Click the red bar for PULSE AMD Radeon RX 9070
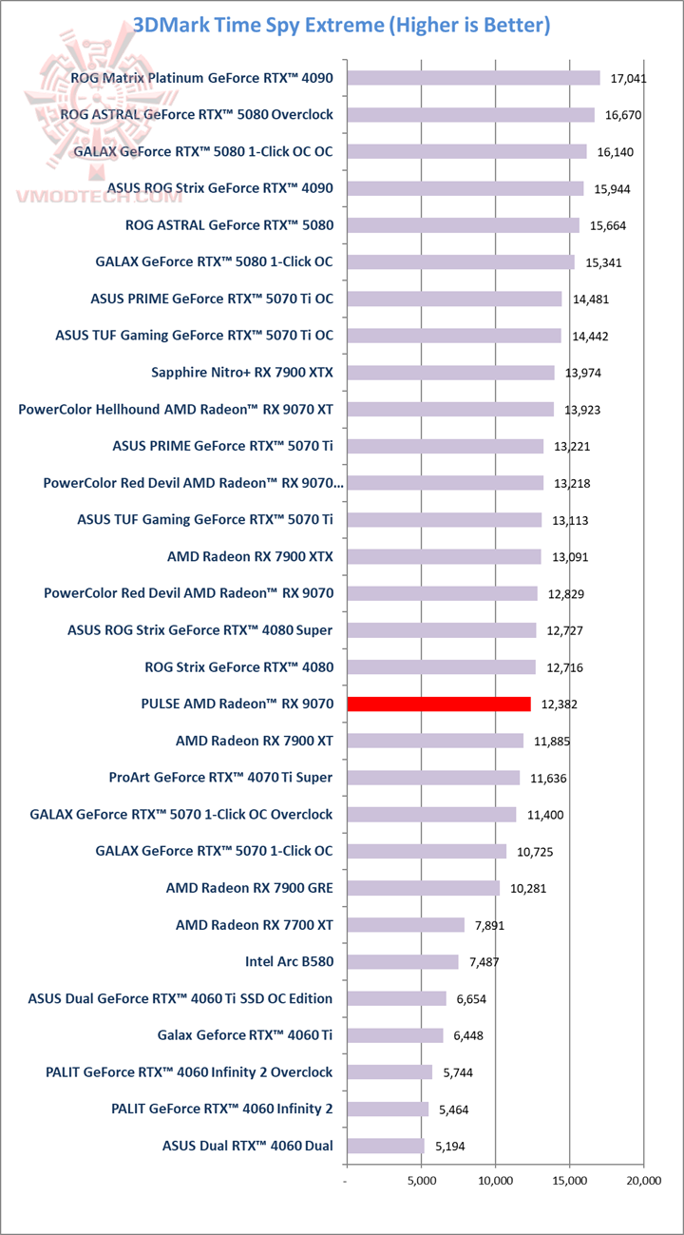439,704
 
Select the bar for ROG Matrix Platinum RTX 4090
473,78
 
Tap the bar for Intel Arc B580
403,961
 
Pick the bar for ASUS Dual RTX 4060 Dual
386,1146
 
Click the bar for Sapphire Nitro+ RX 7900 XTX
450,373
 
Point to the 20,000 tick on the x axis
643,1181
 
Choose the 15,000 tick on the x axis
569,1181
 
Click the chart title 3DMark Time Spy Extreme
342,25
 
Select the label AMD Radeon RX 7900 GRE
249,888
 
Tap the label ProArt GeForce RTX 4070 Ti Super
220,778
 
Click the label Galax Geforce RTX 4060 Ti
245,1035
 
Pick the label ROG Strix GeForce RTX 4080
238,666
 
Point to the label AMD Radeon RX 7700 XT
254,924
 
